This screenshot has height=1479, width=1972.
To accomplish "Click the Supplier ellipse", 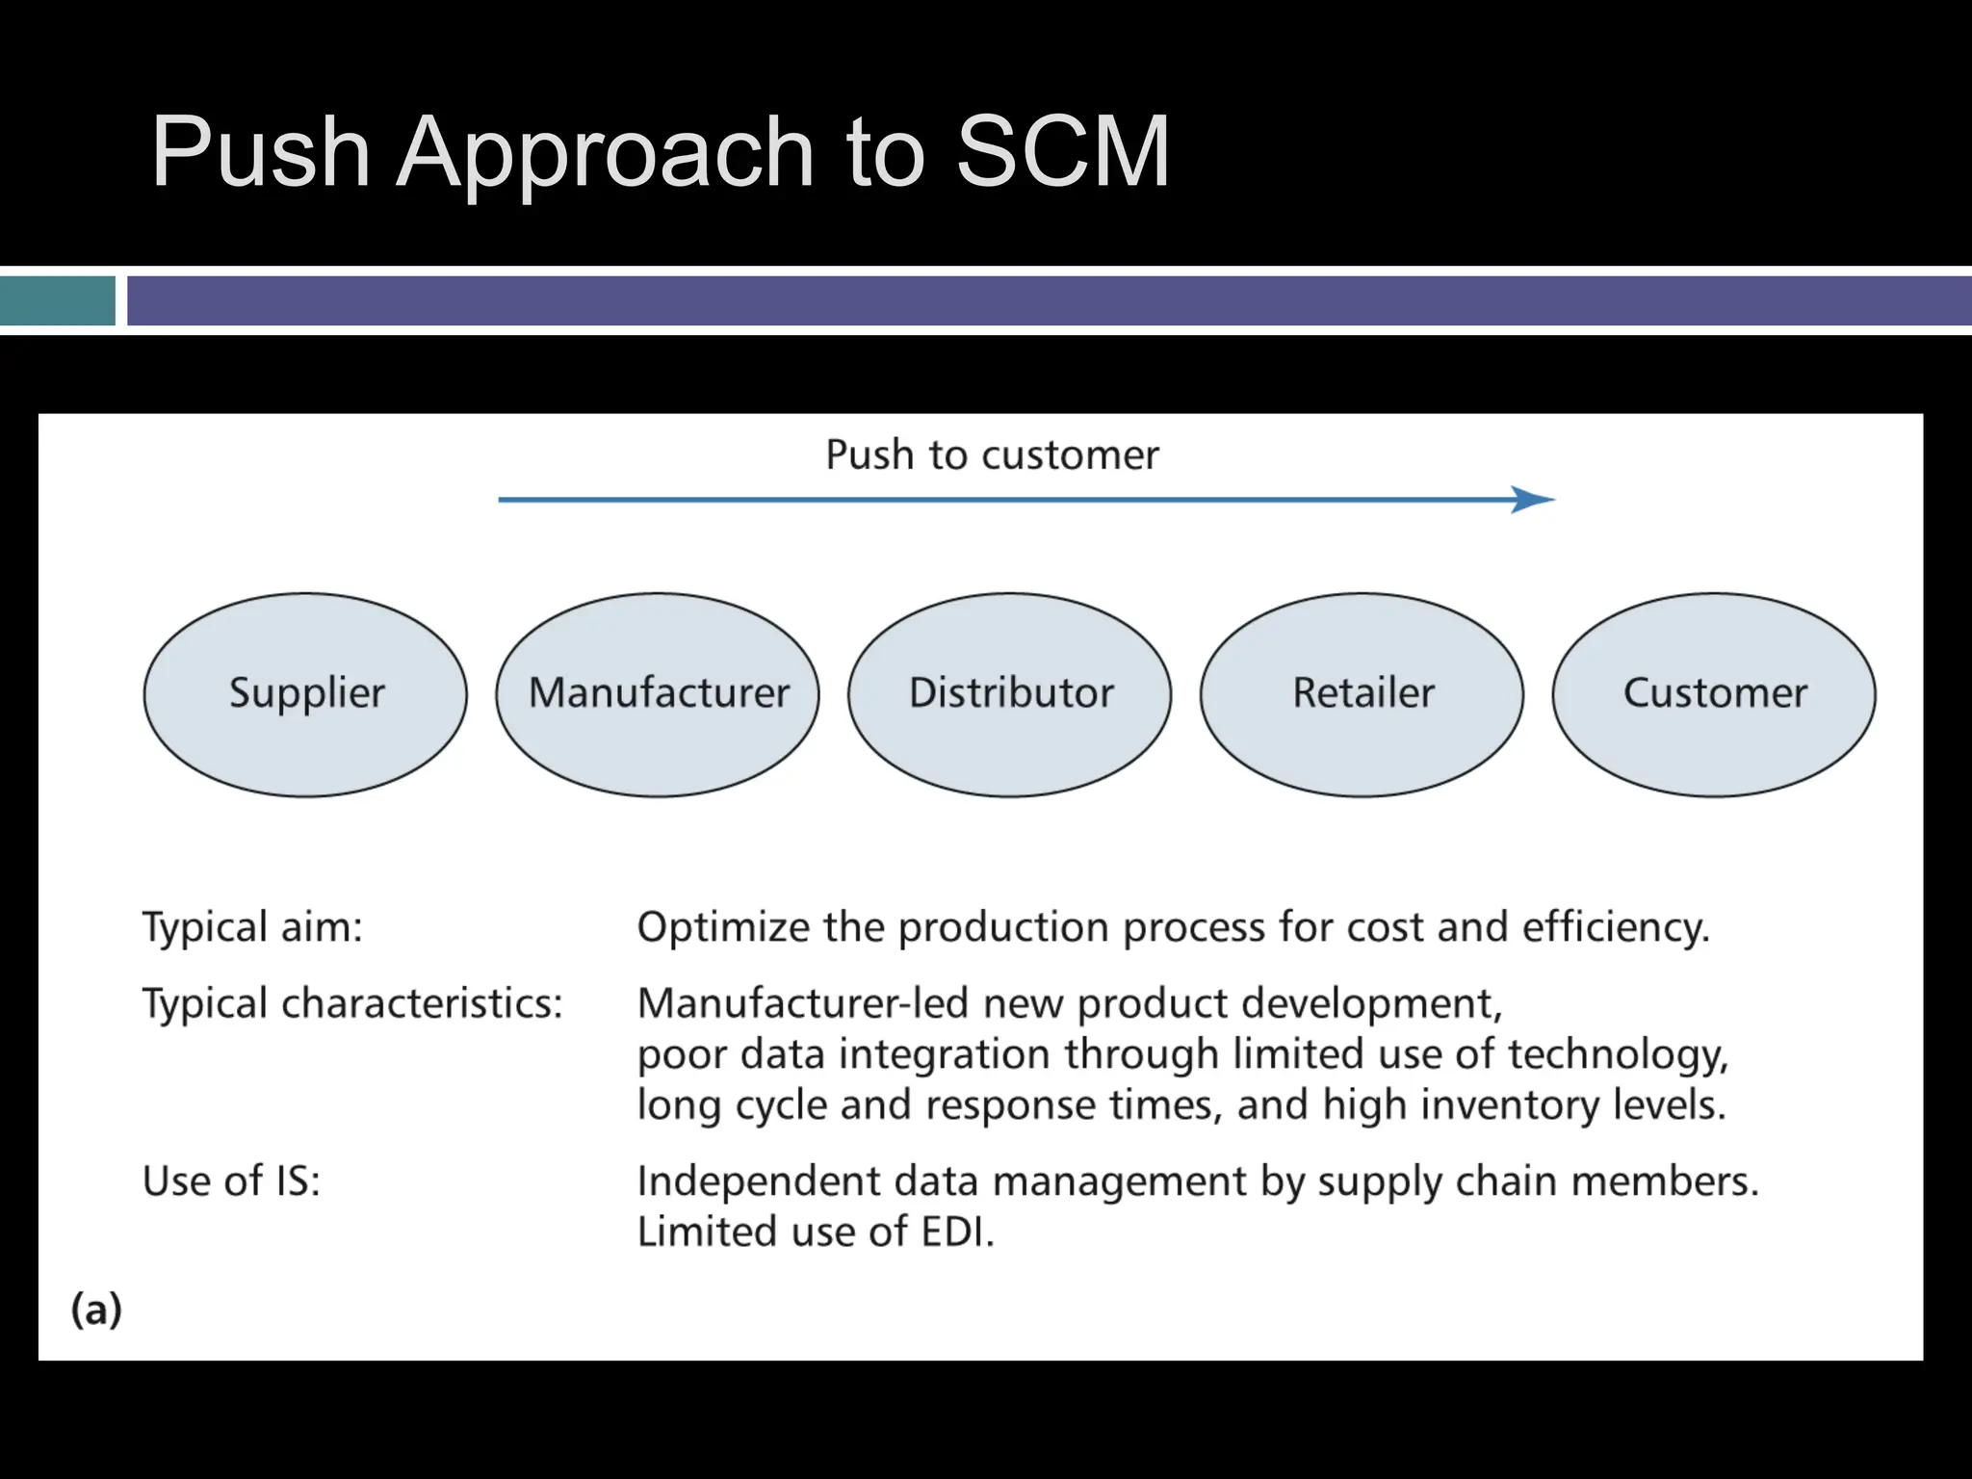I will tap(305, 694).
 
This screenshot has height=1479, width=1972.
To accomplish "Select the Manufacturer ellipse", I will tap(658, 694).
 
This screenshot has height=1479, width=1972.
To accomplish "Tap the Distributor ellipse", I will tap(1010, 694).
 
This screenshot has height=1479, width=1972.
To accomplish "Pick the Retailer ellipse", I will tap(1362, 694).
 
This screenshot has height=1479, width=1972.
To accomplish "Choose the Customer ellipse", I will tap(1714, 694).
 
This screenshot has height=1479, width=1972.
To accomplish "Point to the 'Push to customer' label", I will tap(992, 454).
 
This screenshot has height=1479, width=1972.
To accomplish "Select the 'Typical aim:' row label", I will tap(252, 927).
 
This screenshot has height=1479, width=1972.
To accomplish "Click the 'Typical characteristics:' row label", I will tap(352, 1003).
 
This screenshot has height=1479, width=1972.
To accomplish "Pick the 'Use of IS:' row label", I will tap(231, 1181).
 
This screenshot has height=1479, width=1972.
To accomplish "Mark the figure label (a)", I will tap(96, 1310).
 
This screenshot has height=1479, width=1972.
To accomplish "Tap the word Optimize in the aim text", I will tap(723, 927).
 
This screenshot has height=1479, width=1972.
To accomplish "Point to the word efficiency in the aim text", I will tap(1615, 927).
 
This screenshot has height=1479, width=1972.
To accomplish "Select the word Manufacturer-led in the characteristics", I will tap(802, 1003).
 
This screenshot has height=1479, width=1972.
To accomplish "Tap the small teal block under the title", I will tap(58, 300).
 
